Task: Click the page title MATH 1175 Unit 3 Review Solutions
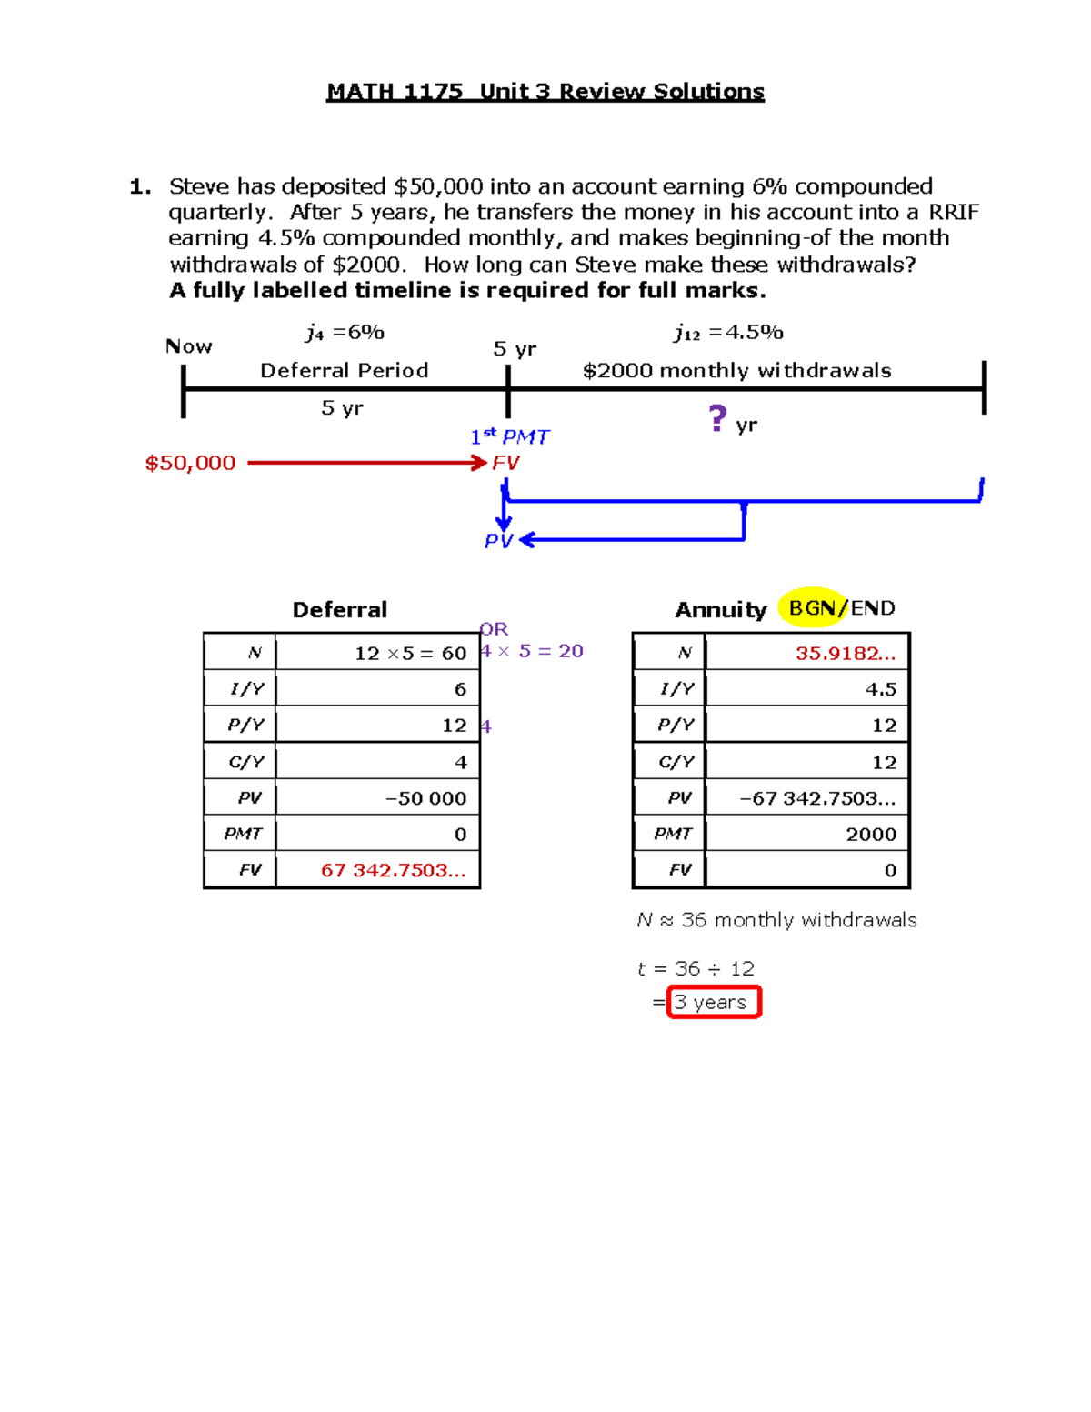[545, 92]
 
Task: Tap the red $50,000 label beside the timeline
[190, 463]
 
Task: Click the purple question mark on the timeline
[717, 418]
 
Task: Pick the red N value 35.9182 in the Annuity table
[845, 653]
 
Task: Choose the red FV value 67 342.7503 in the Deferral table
[393, 870]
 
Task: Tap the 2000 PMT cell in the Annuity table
[870, 834]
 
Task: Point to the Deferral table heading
[339, 610]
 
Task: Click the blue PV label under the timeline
[498, 541]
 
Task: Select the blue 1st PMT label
[509, 437]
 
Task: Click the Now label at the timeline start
[188, 346]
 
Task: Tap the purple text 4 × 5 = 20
[533, 651]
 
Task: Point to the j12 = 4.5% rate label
[728, 333]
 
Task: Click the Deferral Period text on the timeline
[344, 370]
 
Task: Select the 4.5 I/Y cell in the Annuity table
[880, 689]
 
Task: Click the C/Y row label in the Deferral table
[245, 762]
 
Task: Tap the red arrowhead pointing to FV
[480, 463]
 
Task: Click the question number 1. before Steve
[140, 187]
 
